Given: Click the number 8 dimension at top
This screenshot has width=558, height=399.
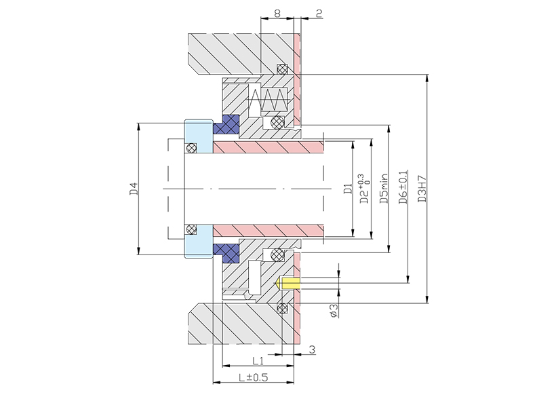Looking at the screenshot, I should click(278, 12).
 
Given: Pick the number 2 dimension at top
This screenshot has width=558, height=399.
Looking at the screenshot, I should click(319, 12).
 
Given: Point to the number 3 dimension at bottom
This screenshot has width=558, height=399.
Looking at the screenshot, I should click(311, 350).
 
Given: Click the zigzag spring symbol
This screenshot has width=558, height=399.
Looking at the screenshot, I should click(269, 102).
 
